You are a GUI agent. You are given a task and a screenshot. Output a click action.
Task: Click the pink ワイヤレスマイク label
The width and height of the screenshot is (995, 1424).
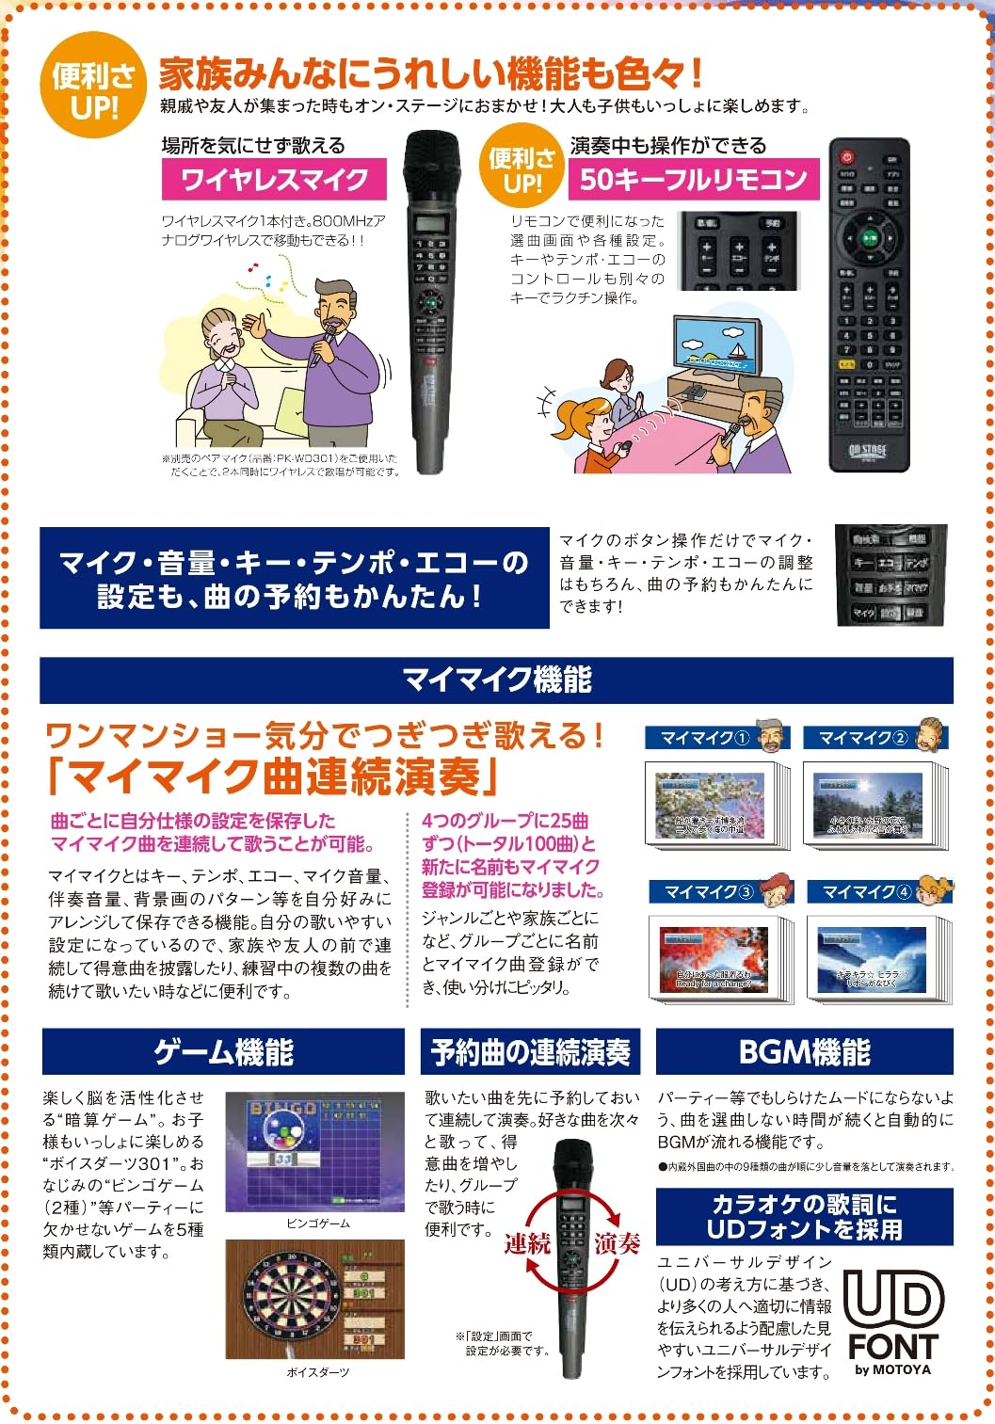[x=274, y=179]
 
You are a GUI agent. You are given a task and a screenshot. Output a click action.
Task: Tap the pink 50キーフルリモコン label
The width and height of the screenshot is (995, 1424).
[x=693, y=179]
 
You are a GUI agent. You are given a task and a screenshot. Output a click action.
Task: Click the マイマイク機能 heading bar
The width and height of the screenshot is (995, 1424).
[x=496, y=680]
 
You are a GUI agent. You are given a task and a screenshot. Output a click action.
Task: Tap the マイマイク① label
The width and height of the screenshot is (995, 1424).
[x=704, y=738]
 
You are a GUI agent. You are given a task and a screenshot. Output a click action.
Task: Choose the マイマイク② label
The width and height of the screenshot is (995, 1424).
[x=862, y=738]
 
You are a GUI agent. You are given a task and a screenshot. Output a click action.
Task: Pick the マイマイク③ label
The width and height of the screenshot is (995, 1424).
[x=708, y=891]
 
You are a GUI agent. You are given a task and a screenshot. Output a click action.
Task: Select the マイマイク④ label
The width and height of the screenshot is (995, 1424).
[x=866, y=891]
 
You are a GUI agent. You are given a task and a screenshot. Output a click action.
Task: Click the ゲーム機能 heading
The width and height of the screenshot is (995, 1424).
[x=223, y=1051]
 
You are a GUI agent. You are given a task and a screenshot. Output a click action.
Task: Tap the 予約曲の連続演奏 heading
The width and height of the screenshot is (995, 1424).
[x=530, y=1051]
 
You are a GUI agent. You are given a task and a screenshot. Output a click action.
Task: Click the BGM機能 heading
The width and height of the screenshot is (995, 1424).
[x=804, y=1051]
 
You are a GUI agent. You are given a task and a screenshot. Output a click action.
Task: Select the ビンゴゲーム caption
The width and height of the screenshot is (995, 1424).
[x=317, y=1224]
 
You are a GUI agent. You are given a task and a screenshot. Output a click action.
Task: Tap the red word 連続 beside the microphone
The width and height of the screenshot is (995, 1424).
[x=527, y=1243]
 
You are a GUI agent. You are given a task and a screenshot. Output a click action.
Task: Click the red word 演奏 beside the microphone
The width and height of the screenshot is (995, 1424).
[x=617, y=1243]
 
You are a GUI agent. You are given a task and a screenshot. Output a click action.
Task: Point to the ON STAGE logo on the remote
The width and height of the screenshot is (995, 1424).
[x=868, y=451]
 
